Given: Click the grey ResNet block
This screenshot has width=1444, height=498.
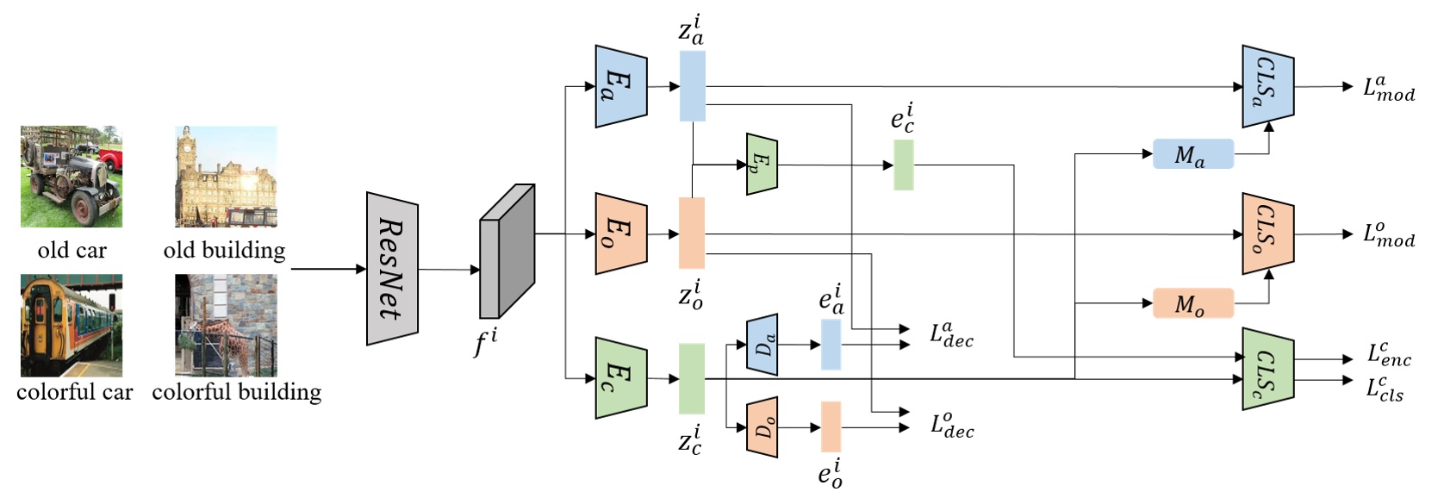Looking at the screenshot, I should click(x=392, y=268).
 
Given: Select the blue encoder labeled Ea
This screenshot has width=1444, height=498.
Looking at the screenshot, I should click(x=620, y=86).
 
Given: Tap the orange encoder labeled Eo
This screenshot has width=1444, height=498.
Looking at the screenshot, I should click(x=620, y=233).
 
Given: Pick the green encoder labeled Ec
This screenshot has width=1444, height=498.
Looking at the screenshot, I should click(x=620, y=378).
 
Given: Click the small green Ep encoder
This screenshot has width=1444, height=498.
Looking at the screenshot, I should click(x=762, y=164).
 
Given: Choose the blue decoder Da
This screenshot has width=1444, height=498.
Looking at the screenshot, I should click(x=762, y=345).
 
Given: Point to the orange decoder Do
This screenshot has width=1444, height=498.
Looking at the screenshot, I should click(x=762, y=426).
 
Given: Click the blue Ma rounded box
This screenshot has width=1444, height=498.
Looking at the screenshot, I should click(x=1193, y=154).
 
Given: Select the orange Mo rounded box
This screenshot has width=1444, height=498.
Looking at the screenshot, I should click(x=1193, y=303).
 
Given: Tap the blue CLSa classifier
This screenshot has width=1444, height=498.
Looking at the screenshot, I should click(x=1267, y=86).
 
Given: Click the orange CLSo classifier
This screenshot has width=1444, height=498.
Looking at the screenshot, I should click(x=1267, y=233).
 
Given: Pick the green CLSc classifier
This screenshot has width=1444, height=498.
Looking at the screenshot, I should click(x=1267, y=368).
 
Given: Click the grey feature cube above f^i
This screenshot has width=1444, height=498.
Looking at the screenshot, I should click(x=507, y=251).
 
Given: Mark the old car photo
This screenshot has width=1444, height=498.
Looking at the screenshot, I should click(x=72, y=177).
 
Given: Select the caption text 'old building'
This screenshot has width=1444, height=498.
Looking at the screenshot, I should click(x=225, y=251).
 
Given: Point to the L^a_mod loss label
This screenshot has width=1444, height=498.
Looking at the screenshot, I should click(x=1388, y=89).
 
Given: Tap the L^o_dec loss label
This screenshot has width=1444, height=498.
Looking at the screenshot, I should click(x=952, y=425).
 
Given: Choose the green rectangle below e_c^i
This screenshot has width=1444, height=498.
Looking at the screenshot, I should click(x=903, y=165).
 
